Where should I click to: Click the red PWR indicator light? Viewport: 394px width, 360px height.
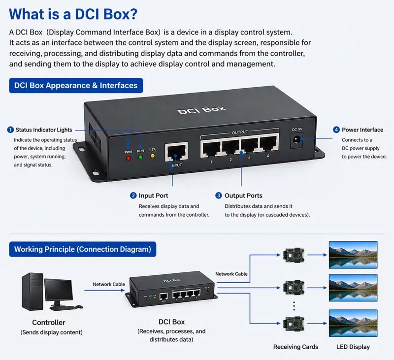point(129,159)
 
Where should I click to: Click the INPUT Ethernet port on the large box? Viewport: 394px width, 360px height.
point(176,152)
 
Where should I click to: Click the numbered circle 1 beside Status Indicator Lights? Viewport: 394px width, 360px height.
point(10,130)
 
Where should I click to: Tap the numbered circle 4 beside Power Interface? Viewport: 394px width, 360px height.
point(336,130)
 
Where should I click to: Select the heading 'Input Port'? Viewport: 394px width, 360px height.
point(153,196)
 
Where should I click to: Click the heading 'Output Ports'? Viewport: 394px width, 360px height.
point(243,196)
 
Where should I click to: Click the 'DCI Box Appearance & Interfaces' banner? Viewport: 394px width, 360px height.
point(76,86)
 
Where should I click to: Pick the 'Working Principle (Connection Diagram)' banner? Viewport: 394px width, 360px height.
point(82,249)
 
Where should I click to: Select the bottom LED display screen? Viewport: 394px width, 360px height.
point(353,323)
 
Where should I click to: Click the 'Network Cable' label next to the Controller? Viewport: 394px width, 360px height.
point(108,284)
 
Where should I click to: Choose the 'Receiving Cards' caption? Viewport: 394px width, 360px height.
point(295,347)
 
